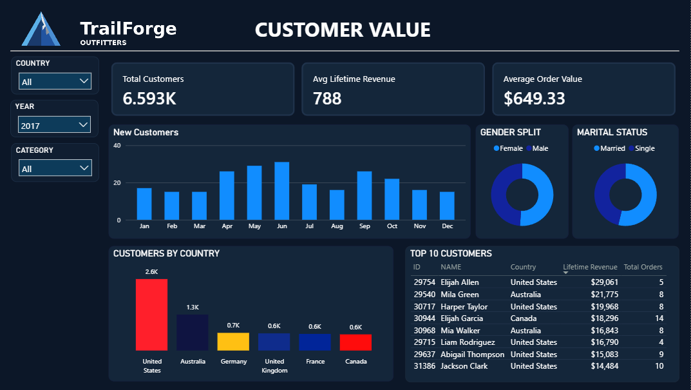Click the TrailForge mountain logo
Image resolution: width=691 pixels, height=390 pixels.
[x=41, y=30]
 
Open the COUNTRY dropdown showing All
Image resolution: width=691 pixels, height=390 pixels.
[x=55, y=81]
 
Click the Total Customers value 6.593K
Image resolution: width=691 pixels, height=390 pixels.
[x=149, y=99]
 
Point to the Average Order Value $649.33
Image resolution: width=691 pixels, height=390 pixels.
[x=535, y=99]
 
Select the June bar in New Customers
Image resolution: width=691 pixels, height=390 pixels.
[x=281, y=191]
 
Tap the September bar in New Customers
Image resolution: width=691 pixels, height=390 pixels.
[x=364, y=195]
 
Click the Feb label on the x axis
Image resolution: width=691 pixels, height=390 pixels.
[x=171, y=227]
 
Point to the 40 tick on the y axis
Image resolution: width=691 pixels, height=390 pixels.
[x=117, y=146]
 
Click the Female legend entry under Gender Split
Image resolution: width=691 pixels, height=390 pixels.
[x=508, y=148]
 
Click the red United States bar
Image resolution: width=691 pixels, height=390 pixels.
[x=151, y=315]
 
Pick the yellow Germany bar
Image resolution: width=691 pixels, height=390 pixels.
[x=233, y=342]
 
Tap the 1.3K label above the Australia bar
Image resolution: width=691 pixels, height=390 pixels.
[x=193, y=307]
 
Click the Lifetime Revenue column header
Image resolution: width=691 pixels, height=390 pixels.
[x=590, y=267]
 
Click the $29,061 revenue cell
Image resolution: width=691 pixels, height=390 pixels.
[x=603, y=282]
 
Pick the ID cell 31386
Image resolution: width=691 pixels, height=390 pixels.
[x=424, y=366]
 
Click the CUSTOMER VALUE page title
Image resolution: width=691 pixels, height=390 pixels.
[x=343, y=30]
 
